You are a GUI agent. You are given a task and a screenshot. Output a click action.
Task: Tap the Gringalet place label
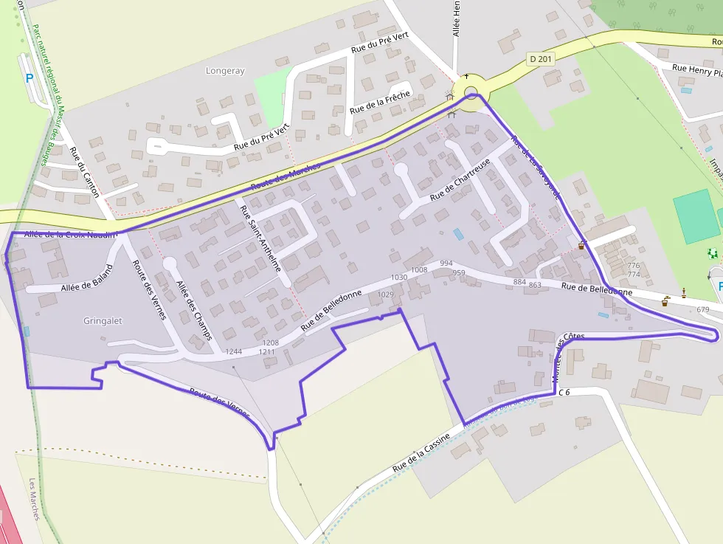click(103, 321)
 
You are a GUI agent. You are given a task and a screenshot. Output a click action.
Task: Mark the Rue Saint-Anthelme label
click(260, 238)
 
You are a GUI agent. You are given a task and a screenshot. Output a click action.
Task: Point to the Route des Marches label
click(286, 176)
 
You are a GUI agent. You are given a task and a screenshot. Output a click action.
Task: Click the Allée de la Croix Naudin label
click(71, 235)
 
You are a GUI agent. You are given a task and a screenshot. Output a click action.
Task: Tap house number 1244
click(234, 351)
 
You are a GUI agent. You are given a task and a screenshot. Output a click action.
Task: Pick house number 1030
click(399, 278)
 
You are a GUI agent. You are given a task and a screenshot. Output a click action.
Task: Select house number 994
click(446, 264)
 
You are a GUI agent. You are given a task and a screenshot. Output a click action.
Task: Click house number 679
click(702, 309)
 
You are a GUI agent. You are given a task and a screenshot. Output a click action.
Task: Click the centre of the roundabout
click(471, 92)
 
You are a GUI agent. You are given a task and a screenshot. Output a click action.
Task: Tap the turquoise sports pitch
click(696, 216)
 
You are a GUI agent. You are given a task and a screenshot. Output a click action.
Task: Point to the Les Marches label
click(34, 499)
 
